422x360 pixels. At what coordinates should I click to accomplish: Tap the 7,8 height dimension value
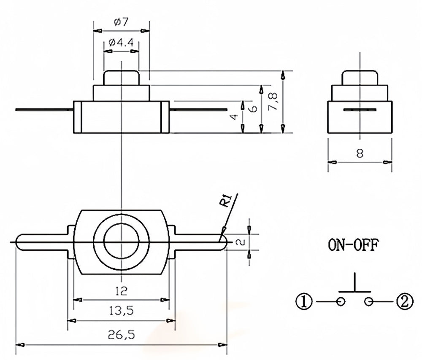point(273,102)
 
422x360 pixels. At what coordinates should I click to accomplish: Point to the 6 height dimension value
point(253,108)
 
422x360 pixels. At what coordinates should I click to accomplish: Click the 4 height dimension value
point(235,117)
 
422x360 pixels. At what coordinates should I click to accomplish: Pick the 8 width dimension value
point(360,153)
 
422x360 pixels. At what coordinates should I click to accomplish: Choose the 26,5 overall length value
point(121,335)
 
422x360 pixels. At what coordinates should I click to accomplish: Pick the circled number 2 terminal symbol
point(404,301)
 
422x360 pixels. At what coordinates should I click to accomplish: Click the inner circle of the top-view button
point(121,242)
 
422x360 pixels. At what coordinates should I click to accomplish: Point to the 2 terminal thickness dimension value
point(240,242)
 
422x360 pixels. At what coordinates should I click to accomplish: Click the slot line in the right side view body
point(359,110)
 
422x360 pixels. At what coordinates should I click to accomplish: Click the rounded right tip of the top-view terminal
point(224,242)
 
